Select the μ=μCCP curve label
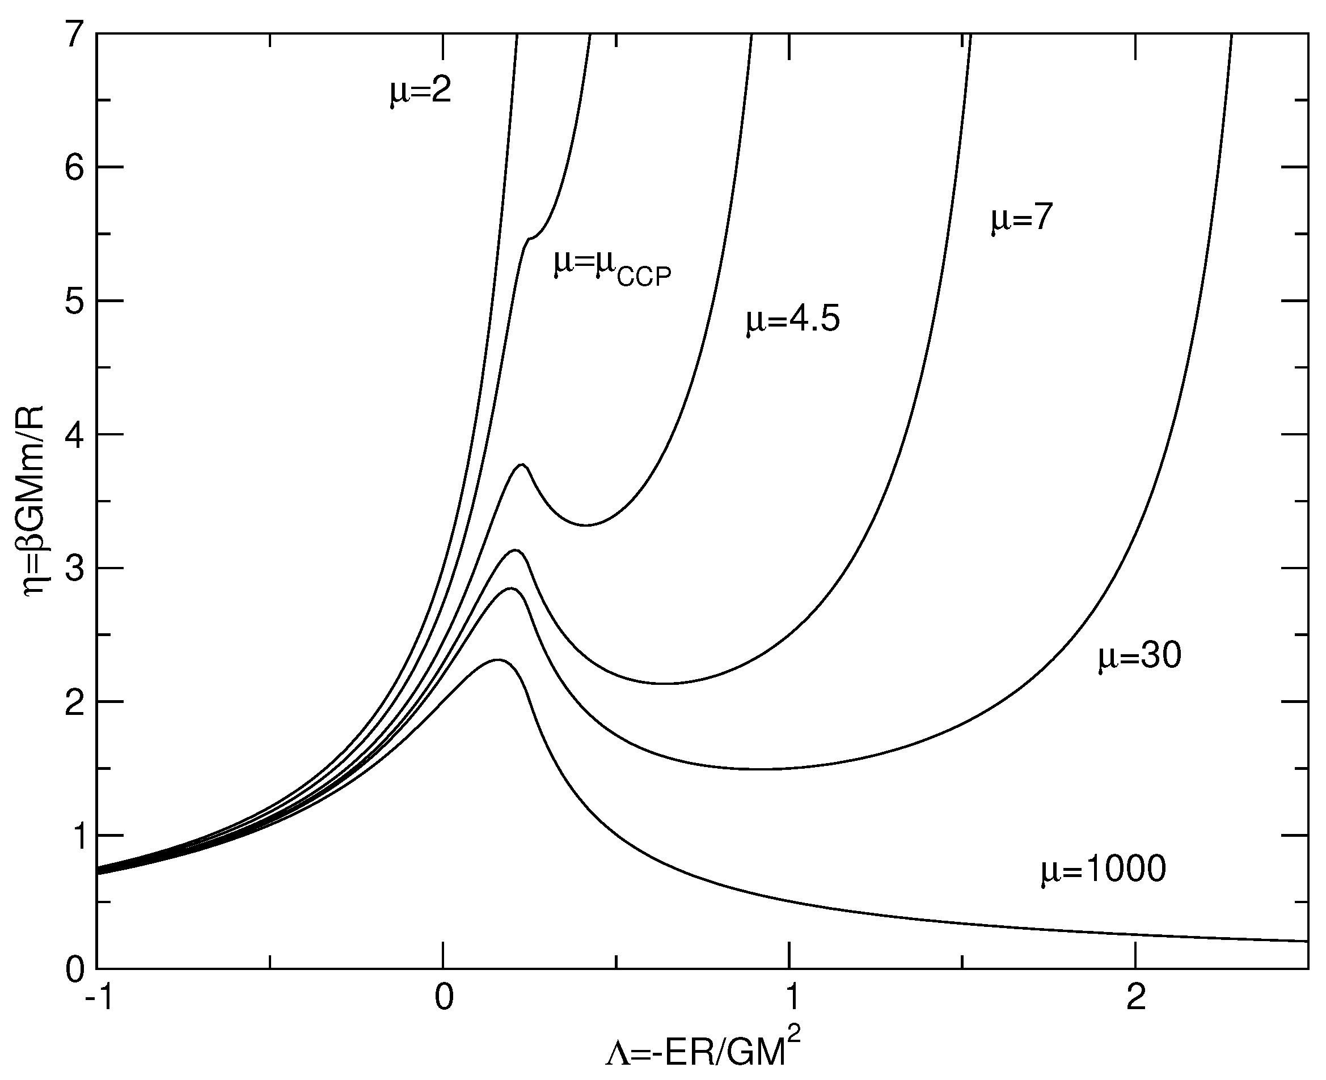pyautogui.click(x=613, y=268)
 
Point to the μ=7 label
pyautogui.click(x=1021, y=219)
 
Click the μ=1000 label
pyautogui.click(x=1103, y=869)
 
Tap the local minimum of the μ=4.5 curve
pyautogui.click(x=586, y=525)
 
